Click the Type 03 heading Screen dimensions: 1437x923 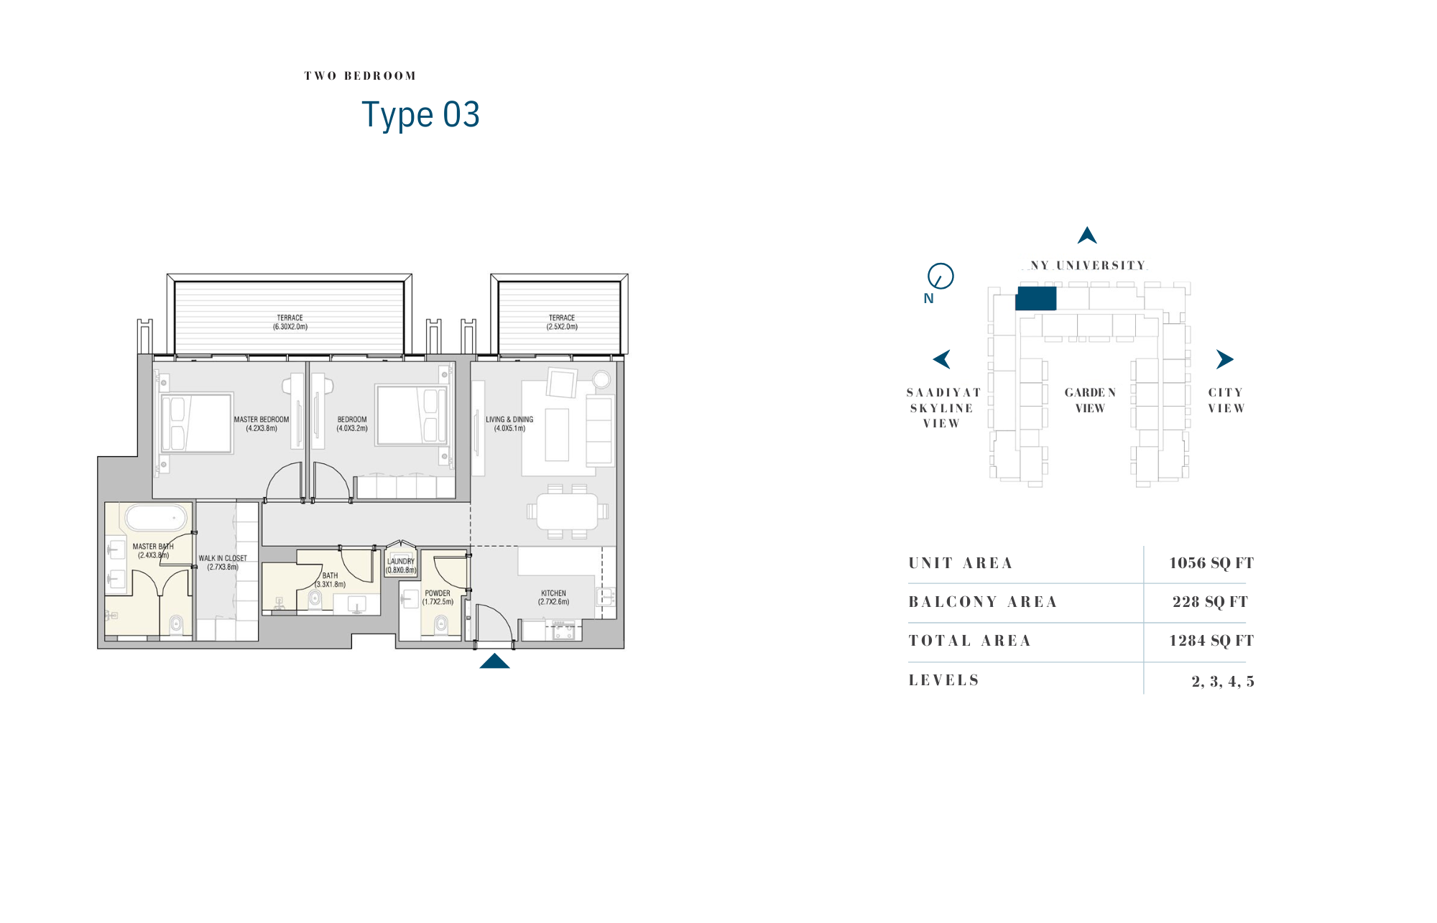tap(420, 115)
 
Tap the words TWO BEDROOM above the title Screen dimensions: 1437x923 tap(360, 76)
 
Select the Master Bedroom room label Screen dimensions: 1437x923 tap(262, 424)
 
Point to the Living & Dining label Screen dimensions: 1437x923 tap(509, 424)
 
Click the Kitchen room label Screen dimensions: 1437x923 tap(553, 598)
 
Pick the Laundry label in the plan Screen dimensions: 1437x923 tap(401, 566)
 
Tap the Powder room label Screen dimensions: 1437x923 tap(438, 598)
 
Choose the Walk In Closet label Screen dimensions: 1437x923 tap(223, 562)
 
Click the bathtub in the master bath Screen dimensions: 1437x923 tap(157, 517)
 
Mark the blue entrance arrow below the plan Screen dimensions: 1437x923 tap(494, 661)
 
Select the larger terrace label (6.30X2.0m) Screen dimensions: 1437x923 tap(290, 322)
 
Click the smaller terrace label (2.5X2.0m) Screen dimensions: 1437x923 tap(562, 322)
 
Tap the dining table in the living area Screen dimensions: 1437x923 tap(568, 511)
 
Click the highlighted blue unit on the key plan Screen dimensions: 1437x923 tap(1035, 298)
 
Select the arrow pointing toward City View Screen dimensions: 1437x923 tap(1224, 359)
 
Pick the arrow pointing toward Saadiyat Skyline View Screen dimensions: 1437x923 tap(942, 359)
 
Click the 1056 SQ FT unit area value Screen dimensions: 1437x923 tap(1211, 563)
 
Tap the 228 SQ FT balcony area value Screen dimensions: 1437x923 tap(1210, 602)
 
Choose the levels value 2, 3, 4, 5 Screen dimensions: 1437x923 tap(1223, 681)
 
